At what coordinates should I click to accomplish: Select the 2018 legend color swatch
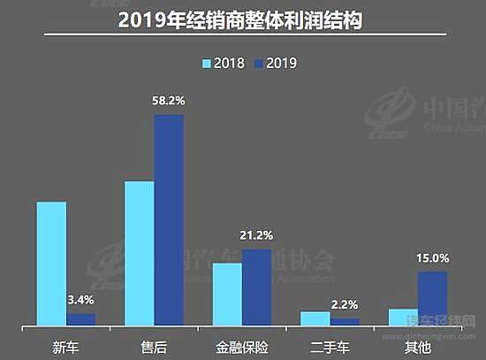209,63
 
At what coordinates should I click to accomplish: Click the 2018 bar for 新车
51,263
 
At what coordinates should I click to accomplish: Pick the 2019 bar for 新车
80,318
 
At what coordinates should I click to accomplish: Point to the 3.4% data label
80,301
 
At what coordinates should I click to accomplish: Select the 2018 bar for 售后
140,253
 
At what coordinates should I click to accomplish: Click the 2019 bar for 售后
169,219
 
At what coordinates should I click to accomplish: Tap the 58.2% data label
169,102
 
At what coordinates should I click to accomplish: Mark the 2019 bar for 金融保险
256,287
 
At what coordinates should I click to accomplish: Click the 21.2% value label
256,236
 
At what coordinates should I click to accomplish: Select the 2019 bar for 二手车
345,321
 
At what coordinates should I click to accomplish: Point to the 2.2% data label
345,304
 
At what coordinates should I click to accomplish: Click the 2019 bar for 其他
432,298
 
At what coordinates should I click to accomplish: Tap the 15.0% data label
433,258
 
